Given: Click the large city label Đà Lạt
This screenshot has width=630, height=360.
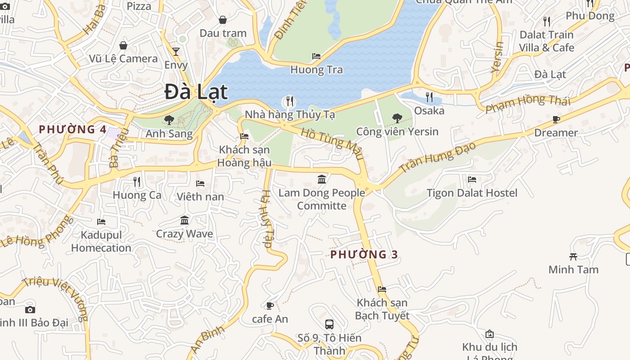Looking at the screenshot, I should [x=196, y=92].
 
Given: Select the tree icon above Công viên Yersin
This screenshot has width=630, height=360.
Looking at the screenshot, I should [x=397, y=118].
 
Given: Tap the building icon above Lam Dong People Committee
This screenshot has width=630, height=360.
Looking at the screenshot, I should [x=322, y=180].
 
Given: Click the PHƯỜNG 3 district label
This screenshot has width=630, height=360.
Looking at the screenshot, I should [x=364, y=255].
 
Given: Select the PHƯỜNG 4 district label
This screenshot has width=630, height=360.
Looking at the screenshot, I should [x=72, y=130].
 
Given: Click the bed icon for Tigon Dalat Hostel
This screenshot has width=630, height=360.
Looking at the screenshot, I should [x=472, y=179].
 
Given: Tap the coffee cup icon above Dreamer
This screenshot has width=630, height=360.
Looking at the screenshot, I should [x=556, y=119].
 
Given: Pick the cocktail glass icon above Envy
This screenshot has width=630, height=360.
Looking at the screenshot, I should [x=176, y=52].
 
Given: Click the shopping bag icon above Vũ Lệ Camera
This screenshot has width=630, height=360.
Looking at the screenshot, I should [x=123, y=45].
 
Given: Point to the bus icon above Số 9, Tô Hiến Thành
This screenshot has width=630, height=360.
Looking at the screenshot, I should [x=329, y=324].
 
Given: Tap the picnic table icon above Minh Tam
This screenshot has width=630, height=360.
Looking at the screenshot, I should [x=573, y=256].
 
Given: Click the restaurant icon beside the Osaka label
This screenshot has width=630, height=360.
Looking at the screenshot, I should [x=429, y=97].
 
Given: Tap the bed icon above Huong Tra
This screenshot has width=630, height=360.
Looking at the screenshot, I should [x=316, y=56].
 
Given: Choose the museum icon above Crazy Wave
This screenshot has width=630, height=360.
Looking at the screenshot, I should [x=184, y=220].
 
